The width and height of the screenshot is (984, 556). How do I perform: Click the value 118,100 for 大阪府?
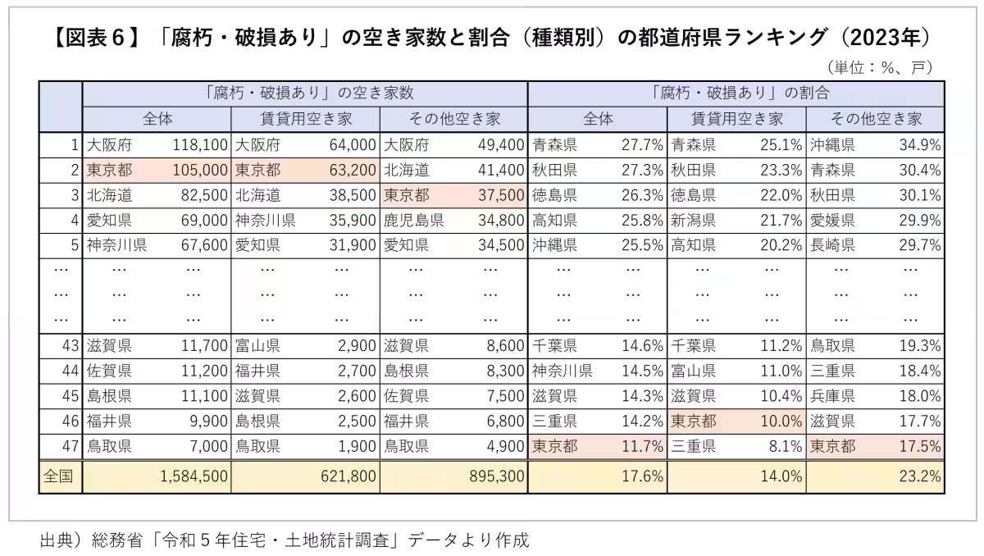(200, 146)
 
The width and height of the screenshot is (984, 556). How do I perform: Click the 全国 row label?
(59, 476)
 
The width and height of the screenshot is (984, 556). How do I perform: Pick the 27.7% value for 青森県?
(642, 146)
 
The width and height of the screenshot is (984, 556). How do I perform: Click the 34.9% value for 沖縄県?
(921, 146)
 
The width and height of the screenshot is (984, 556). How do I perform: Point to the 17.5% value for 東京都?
(921, 447)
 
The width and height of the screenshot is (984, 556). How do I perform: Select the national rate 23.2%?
(921, 476)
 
